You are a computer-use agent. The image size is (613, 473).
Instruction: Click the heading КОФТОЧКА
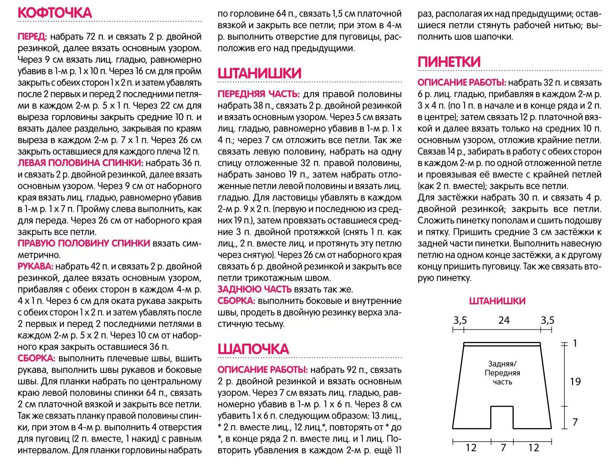55,13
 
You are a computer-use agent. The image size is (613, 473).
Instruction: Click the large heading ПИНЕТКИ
449,62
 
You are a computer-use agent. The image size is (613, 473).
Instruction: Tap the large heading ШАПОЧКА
253,349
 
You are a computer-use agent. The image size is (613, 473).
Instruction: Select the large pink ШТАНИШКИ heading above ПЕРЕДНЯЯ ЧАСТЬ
259,73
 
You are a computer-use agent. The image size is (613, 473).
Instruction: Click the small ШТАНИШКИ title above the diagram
497,301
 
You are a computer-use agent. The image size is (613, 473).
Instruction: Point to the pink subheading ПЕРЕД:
32,36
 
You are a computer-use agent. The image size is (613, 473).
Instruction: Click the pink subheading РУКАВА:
35,266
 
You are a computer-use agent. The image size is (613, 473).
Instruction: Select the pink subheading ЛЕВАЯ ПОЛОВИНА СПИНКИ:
80,163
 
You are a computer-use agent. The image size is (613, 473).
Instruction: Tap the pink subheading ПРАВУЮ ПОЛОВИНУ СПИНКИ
84,243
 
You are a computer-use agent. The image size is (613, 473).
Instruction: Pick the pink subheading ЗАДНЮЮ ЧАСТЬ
254,289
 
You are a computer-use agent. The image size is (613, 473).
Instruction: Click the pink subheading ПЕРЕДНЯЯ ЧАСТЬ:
258,94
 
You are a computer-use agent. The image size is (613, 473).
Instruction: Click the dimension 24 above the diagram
504,320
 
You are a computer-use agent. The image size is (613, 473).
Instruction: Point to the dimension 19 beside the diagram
575,381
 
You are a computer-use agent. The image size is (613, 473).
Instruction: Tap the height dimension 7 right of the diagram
575,422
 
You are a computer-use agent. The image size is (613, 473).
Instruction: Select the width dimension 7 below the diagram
503,448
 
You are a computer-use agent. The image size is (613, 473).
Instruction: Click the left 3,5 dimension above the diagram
460,320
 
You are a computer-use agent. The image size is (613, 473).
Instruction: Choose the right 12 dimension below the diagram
534,448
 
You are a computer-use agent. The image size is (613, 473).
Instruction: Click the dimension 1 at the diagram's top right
575,343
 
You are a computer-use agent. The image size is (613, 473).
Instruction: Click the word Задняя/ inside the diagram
502,364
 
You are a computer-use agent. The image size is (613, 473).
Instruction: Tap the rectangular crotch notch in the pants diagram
502,418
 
